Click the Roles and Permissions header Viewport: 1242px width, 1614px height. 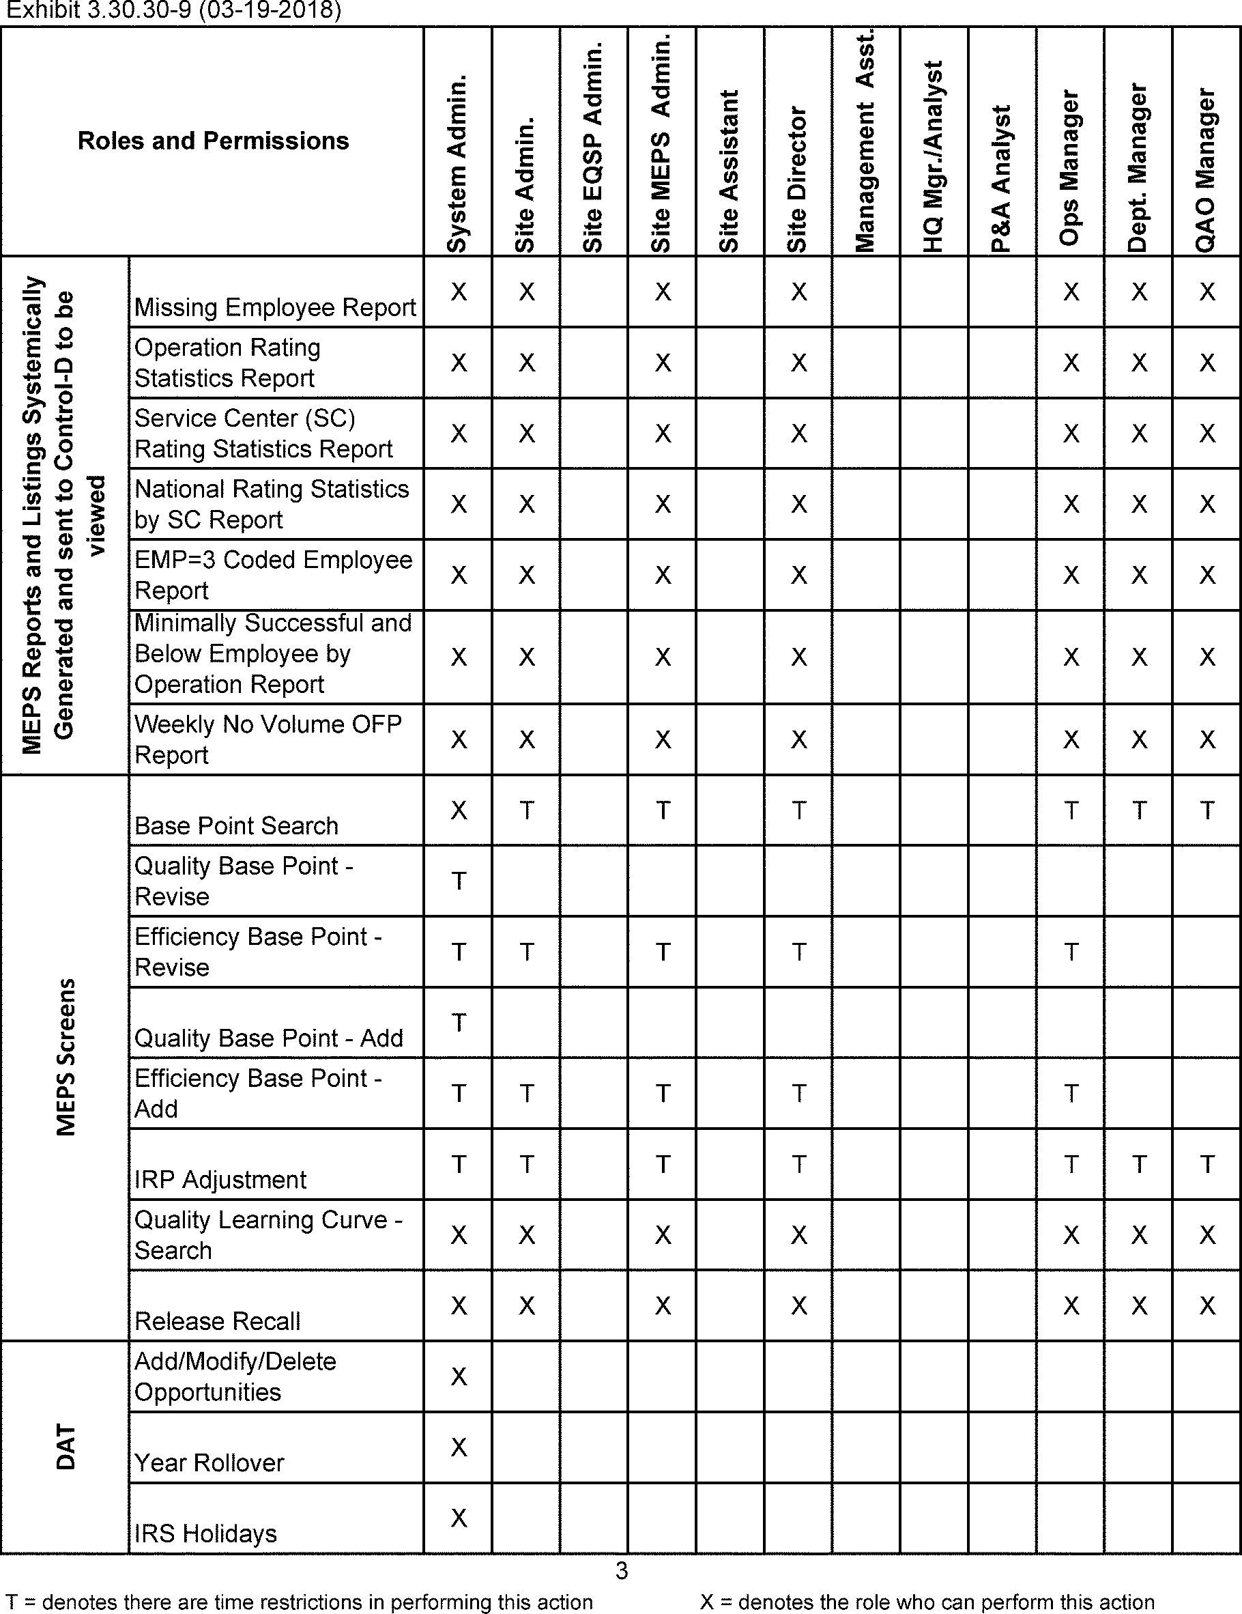click(x=213, y=141)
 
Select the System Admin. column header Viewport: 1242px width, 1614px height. click(x=457, y=162)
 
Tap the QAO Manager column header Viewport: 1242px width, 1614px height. click(x=1206, y=170)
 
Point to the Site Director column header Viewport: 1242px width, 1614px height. click(x=797, y=179)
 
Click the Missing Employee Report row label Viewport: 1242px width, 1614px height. click(x=275, y=307)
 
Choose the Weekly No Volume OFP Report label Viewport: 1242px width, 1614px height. click(x=268, y=739)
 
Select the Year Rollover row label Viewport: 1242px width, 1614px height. click(x=209, y=1462)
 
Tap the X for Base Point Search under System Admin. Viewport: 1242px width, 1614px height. click(x=458, y=810)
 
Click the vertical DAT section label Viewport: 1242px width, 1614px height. click(x=65, y=1447)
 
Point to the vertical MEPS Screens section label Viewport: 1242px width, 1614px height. click(x=65, y=1057)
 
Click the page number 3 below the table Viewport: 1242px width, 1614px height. click(x=622, y=1570)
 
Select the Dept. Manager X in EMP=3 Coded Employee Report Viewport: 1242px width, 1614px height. click(x=1138, y=575)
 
